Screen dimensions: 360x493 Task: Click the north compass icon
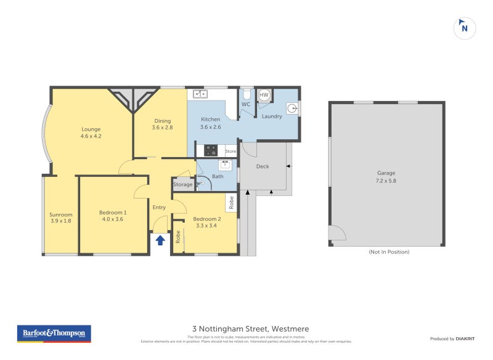pyautogui.click(x=465, y=27)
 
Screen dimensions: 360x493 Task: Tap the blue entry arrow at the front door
pyautogui.click(x=160, y=240)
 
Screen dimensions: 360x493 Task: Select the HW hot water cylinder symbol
pyautogui.click(x=264, y=95)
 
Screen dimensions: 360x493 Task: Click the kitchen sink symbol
pyautogui.click(x=200, y=94)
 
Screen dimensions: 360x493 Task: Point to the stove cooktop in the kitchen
pyautogui.click(x=210, y=149)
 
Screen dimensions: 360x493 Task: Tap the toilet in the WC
pyautogui.click(x=246, y=94)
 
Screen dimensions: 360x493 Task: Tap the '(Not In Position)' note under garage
pyautogui.click(x=388, y=252)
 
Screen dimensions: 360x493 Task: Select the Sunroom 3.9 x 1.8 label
pyautogui.click(x=61, y=218)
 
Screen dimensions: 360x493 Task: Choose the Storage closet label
pyautogui.click(x=182, y=184)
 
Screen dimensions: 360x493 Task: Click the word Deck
pyautogui.click(x=263, y=166)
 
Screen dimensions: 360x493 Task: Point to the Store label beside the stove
pyautogui.click(x=230, y=151)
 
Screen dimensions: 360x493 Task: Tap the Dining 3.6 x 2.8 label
pyautogui.click(x=163, y=125)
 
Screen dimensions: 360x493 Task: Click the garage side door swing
pyautogui.click(x=337, y=232)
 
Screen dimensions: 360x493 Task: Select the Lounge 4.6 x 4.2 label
pyautogui.click(x=91, y=133)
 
